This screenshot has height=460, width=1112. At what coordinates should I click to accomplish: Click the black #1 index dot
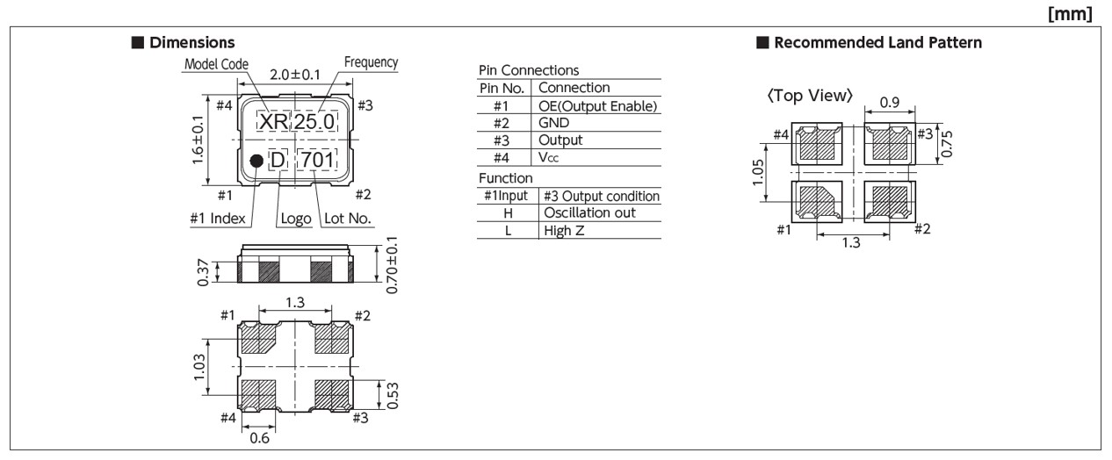click(256, 161)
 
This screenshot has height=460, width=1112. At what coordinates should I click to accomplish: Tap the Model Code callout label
click(216, 64)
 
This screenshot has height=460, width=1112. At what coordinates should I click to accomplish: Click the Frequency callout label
click(371, 62)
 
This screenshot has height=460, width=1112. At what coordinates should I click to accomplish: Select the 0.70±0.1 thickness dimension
click(392, 263)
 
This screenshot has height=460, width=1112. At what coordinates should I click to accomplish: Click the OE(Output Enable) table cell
click(597, 106)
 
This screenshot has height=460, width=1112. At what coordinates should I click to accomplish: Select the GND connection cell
click(554, 123)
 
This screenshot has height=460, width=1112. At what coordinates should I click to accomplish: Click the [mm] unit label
click(1076, 14)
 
